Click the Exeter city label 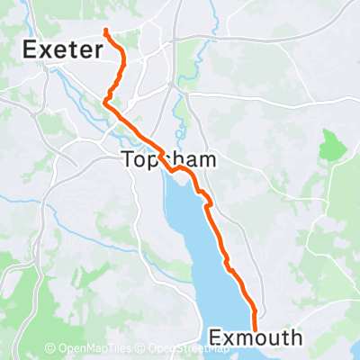[62, 49]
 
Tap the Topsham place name [158, 161]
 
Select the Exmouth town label [256, 337]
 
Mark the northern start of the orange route [105, 31]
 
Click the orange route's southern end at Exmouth [256, 329]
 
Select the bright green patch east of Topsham [330, 143]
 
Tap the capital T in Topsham [127, 161]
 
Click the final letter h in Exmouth [296, 337]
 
